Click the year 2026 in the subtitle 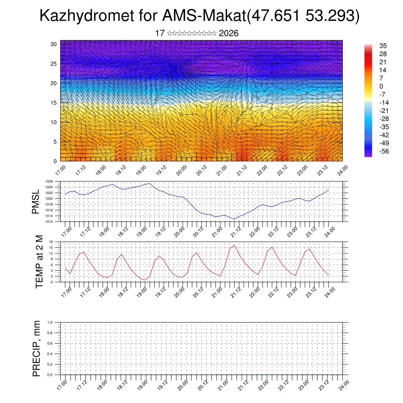pos(229,33)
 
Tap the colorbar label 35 pos(383,45)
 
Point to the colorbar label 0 pos(381,86)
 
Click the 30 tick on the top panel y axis pos(54,44)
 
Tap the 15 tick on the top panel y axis pos(54,103)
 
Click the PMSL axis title pos(36,201)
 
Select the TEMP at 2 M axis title pos(39,262)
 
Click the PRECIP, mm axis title pos(37,348)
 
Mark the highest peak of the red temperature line pos(235,245)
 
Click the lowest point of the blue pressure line pos(235,219)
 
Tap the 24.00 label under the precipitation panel pos(343,384)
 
